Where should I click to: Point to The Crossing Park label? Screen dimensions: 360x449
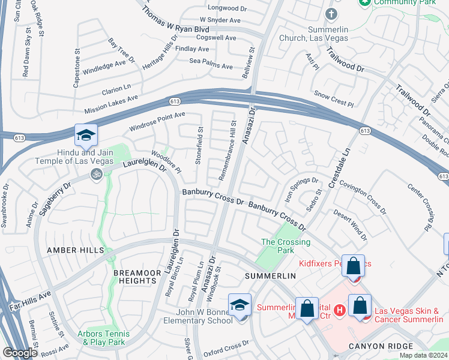285,242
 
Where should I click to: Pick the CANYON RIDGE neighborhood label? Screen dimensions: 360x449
381,346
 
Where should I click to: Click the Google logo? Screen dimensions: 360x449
20,353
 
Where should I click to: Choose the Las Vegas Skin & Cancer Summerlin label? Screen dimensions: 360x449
408,315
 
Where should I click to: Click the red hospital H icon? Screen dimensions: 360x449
339,310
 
